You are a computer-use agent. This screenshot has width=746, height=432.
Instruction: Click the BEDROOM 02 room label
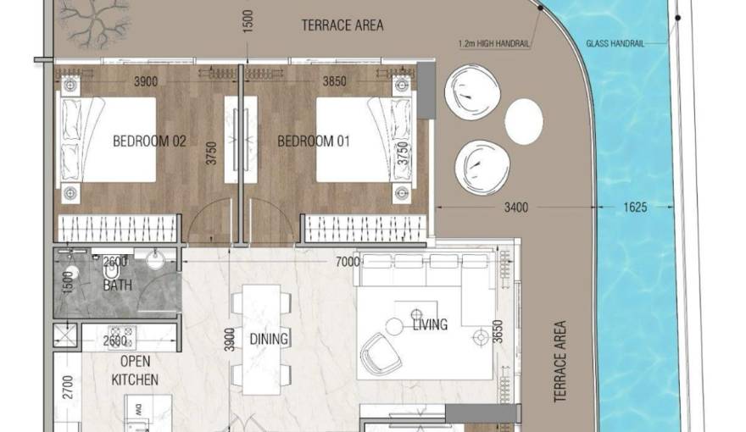click(149, 141)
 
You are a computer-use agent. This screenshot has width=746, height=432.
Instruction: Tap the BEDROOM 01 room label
click(314, 141)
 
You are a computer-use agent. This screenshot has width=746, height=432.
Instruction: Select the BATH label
click(118, 285)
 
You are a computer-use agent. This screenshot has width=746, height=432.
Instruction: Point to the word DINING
click(269, 339)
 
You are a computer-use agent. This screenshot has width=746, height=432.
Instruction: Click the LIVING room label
click(430, 324)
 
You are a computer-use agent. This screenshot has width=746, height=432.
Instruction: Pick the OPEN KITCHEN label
click(135, 371)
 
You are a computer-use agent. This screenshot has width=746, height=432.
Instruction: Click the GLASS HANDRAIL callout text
click(615, 43)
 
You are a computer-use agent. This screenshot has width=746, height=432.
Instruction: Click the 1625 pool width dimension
click(634, 206)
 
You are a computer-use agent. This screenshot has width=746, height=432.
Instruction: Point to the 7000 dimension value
click(347, 262)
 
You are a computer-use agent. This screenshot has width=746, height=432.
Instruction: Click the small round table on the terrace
click(524, 121)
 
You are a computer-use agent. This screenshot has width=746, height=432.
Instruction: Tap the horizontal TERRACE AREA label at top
click(342, 25)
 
